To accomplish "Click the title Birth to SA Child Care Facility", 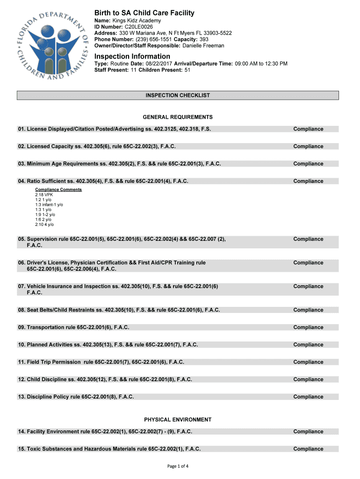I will (144, 13).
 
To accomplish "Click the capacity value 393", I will (204, 39).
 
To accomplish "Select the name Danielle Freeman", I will (203, 45).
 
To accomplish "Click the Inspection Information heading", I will (132, 56).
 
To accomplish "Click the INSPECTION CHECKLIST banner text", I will (178, 95).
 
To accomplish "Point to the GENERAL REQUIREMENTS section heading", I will (178, 117).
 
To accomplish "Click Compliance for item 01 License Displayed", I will (308, 129).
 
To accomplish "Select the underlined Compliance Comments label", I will (58, 189).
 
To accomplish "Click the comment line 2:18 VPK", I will (44, 194).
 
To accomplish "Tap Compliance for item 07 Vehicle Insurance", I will (308, 286).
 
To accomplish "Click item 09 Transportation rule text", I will (73, 327).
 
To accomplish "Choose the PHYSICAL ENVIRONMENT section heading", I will (178, 420).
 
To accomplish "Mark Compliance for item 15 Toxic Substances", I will (308, 449).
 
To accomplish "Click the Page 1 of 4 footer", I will (178, 466).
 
